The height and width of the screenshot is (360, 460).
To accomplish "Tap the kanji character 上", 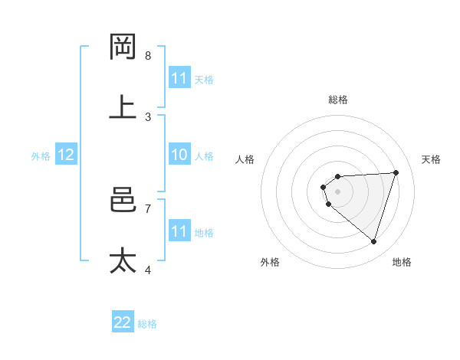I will (x=123, y=107).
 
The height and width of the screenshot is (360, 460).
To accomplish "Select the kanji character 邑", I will (x=123, y=201).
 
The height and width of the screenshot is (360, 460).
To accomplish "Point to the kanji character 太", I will (x=123, y=260).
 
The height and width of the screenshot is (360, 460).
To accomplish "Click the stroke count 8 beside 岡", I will (x=148, y=56).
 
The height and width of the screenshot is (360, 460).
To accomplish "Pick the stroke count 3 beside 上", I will (x=148, y=116).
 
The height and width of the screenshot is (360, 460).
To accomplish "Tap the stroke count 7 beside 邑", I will (x=148, y=208).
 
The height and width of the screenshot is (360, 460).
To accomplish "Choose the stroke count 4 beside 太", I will (x=148, y=270).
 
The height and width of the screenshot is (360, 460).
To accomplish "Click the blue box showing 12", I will (x=65, y=155).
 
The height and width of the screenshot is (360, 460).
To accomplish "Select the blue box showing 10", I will (x=179, y=155).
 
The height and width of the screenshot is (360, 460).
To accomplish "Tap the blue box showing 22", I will (x=123, y=322).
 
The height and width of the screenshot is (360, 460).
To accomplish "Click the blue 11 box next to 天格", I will (x=179, y=78).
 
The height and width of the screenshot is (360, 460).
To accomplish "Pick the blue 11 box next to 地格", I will (x=179, y=231).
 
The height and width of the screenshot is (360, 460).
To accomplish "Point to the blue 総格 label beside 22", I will (x=147, y=324).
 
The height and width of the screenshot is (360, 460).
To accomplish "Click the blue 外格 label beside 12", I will (x=41, y=156).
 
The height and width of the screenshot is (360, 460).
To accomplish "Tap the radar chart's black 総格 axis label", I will (x=338, y=100).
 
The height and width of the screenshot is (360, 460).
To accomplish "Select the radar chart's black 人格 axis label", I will (x=245, y=159).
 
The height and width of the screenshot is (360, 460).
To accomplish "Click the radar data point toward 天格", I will (x=396, y=172).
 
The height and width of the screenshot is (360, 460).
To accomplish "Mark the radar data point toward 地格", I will (x=373, y=241).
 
